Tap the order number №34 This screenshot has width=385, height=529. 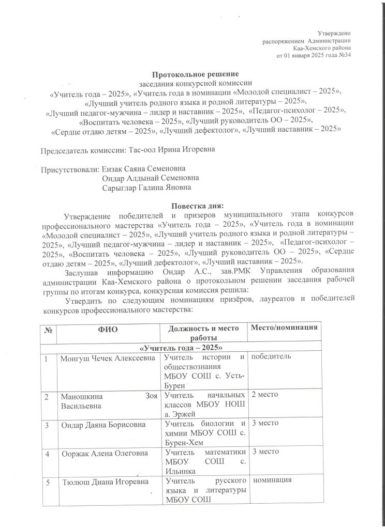(x=344, y=55)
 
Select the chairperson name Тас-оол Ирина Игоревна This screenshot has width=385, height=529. (x=171, y=150)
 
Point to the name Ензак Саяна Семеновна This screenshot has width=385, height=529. (x=144, y=169)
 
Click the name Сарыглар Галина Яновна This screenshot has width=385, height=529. (x=147, y=187)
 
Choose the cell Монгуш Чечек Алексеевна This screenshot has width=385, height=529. (x=109, y=357)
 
